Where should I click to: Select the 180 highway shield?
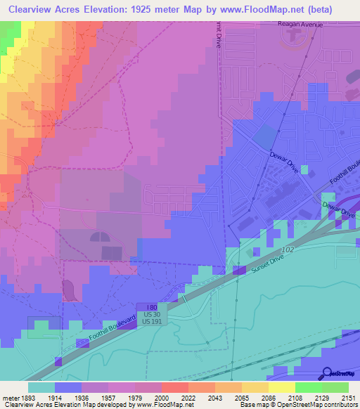point(152,307)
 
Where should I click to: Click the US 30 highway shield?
point(152,314)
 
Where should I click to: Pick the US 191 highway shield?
point(152,321)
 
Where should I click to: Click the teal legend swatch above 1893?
point(41,387)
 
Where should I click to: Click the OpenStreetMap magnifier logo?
point(328,373)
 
